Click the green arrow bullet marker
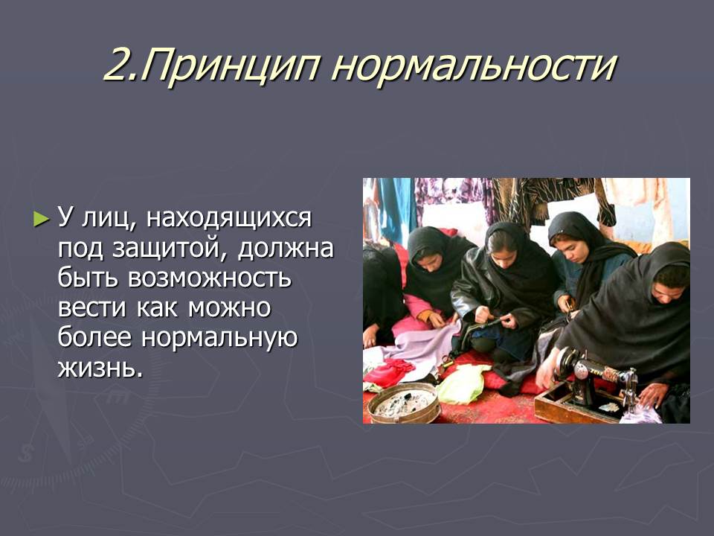pos(41,219)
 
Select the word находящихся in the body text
pos(228,218)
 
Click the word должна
pos(286,249)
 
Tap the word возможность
pos(210,278)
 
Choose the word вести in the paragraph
pos(91,308)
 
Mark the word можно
pos(230,308)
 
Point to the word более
pos(94,337)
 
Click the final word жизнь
pos(100,367)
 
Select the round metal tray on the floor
pos(403,403)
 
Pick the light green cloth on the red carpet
pos(462,384)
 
